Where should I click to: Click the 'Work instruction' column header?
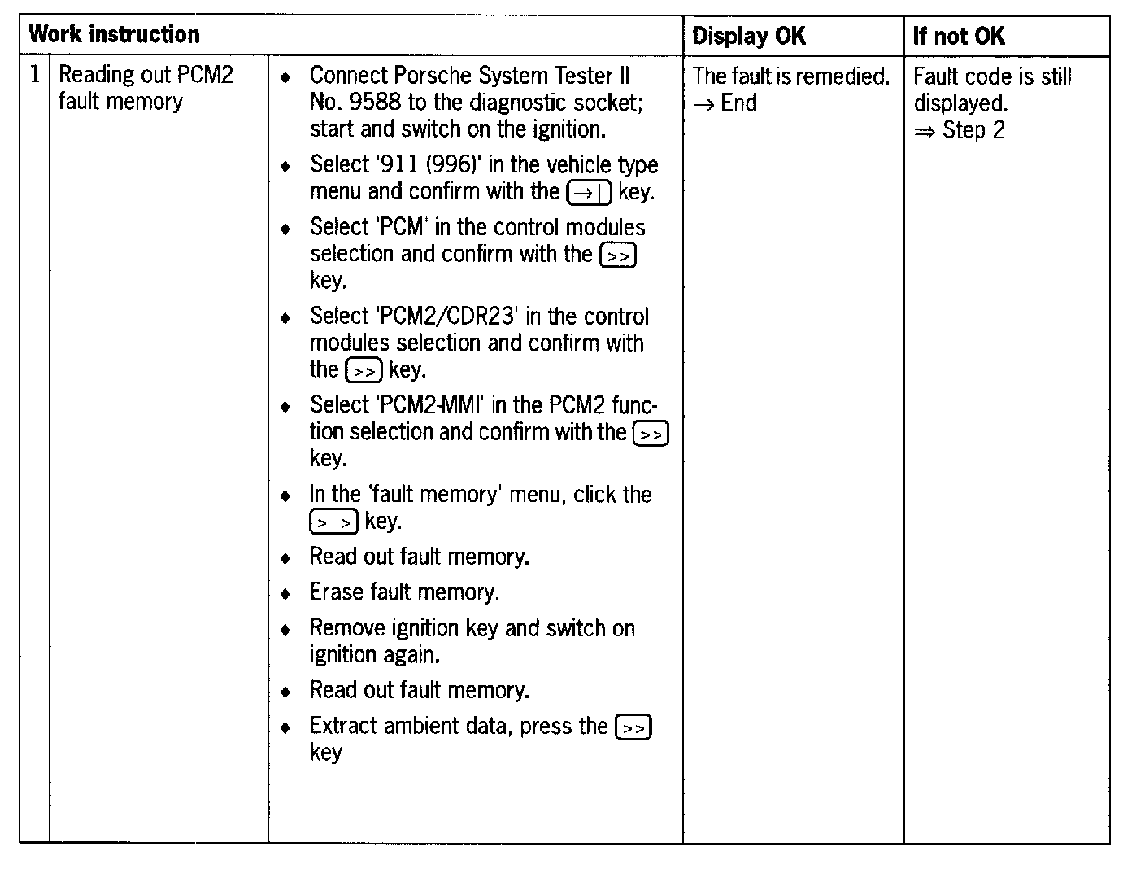pyautogui.click(x=114, y=35)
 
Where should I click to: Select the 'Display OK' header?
pyautogui.click(x=748, y=36)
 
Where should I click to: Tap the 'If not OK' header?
pyautogui.click(x=959, y=36)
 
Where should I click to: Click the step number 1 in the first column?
pyautogui.click(x=34, y=75)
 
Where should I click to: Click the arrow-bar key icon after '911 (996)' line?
pyautogui.click(x=589, y=193)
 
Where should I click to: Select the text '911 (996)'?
pyautogui.click(x=426, y=164)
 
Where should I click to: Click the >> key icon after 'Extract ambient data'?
pyautogui.click(x=633, y=727)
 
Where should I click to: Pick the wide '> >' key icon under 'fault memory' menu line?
pyautogui.click(x=333, y=522)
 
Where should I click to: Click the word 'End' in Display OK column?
pyautogui.click(x=738, y=103)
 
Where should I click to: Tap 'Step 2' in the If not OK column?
pyautogui.click(x=973, y=130)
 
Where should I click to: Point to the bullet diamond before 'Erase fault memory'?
pyautogui.click(x=285, y=594)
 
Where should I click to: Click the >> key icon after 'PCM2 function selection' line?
pyautogui.click(x=651, y=434)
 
